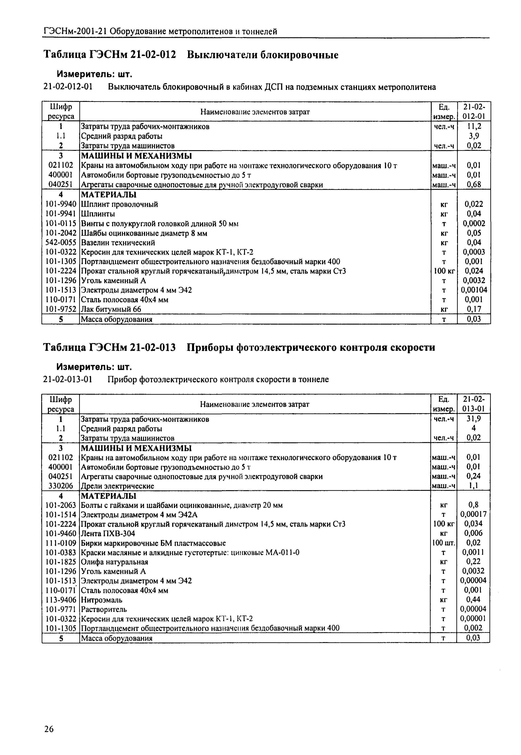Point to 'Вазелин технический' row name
click(118, 243)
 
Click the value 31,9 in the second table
click(474, 419)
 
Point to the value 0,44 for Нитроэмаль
click(474, 599)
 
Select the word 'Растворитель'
click(104, 609)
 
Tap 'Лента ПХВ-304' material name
click(108, 533)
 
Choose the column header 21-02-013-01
click(474, 404)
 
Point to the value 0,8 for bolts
click(474, 505)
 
